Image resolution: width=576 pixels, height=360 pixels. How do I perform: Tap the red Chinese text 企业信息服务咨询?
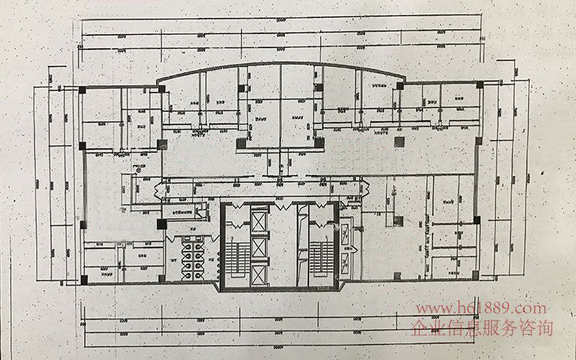click(x=482, y=330)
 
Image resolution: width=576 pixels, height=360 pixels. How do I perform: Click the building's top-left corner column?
click(x=82, y=89)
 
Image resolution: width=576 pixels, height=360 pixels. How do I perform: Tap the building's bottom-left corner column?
click(x=84, y=278)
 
